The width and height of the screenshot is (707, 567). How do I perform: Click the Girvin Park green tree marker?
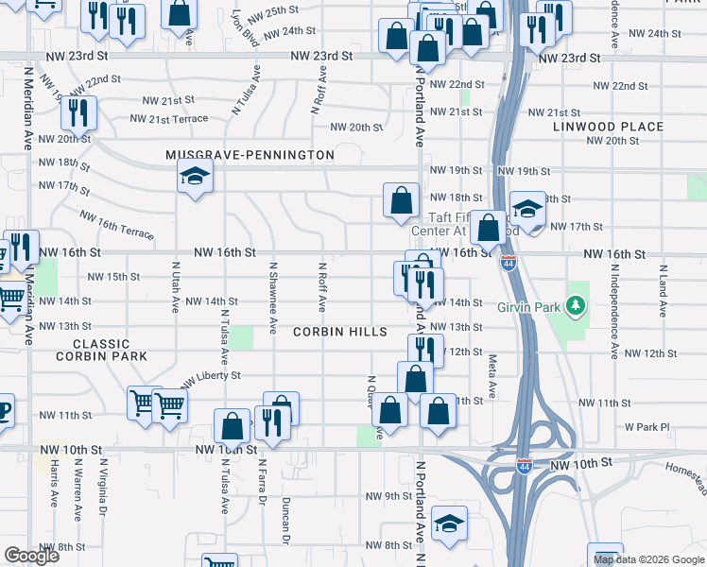point(574,306)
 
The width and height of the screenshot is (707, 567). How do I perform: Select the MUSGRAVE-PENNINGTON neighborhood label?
point(250,155)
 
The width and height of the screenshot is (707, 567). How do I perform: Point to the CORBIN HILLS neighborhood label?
point(340,332)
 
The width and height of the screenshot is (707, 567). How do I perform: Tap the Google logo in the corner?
point(31,556)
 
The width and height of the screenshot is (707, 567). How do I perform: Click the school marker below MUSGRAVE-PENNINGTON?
point(195,177)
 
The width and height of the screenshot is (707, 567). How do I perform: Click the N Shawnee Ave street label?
point(273,299)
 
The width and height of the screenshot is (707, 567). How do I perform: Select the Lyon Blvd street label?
point(250,29)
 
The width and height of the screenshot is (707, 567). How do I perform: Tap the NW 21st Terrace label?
point(169,119)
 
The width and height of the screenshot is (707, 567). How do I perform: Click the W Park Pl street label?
point(647,426)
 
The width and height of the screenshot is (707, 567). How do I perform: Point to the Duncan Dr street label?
point(285,521)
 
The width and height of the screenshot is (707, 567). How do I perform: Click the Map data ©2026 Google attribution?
point(648,558)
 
